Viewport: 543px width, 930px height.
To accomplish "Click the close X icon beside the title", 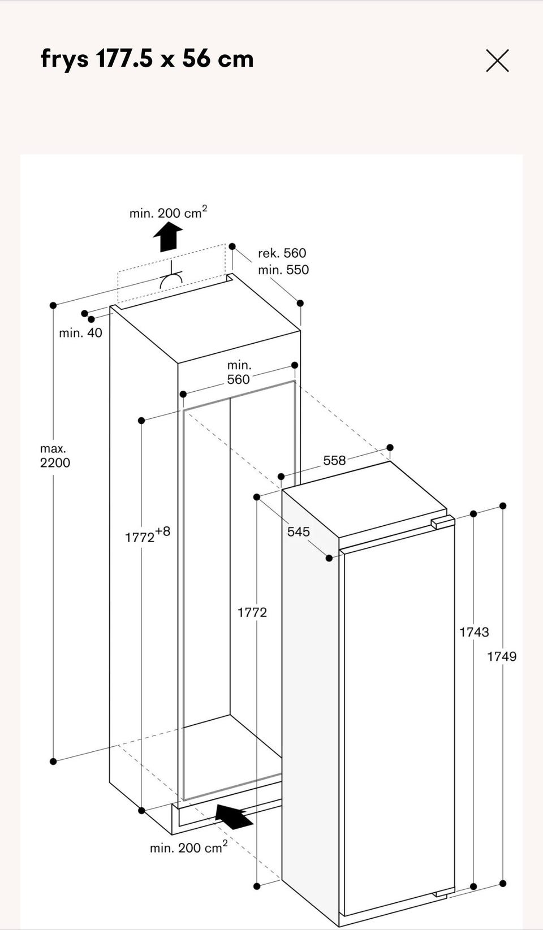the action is pyautogui.click(x=497, y=60).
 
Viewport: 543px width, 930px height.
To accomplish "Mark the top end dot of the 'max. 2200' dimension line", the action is pyautogui.click(x=53, y=305).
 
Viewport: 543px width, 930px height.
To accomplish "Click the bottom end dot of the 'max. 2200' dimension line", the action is pyautogui.click(x=53, y=762).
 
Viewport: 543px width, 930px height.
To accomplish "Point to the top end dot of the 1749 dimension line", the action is pyautogui.click(x=503, y=505).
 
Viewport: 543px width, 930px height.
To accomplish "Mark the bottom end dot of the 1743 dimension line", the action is pyautogui.click(x=473, y=886).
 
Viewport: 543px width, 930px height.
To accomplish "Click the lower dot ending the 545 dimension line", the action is pyautogui.click(x=329, y=559).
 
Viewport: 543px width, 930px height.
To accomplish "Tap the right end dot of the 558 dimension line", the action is pyautogui.click(x=390, y=447).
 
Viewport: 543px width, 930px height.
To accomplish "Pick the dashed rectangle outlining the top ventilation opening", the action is pyautogui.click(x=171, y=273).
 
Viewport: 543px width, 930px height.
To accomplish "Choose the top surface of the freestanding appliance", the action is pyautogui.click(x=364, y=499).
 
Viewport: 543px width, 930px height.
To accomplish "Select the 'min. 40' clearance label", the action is pyautogui.click(x=80, y=333).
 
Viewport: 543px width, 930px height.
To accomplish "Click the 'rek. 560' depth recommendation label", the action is pyautogui.click(x=282, y=253).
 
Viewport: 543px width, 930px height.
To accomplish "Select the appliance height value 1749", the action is pyautogui.click(x=502, y=656).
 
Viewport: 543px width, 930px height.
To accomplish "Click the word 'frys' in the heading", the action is pyautogui.click(x=64, y=59).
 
